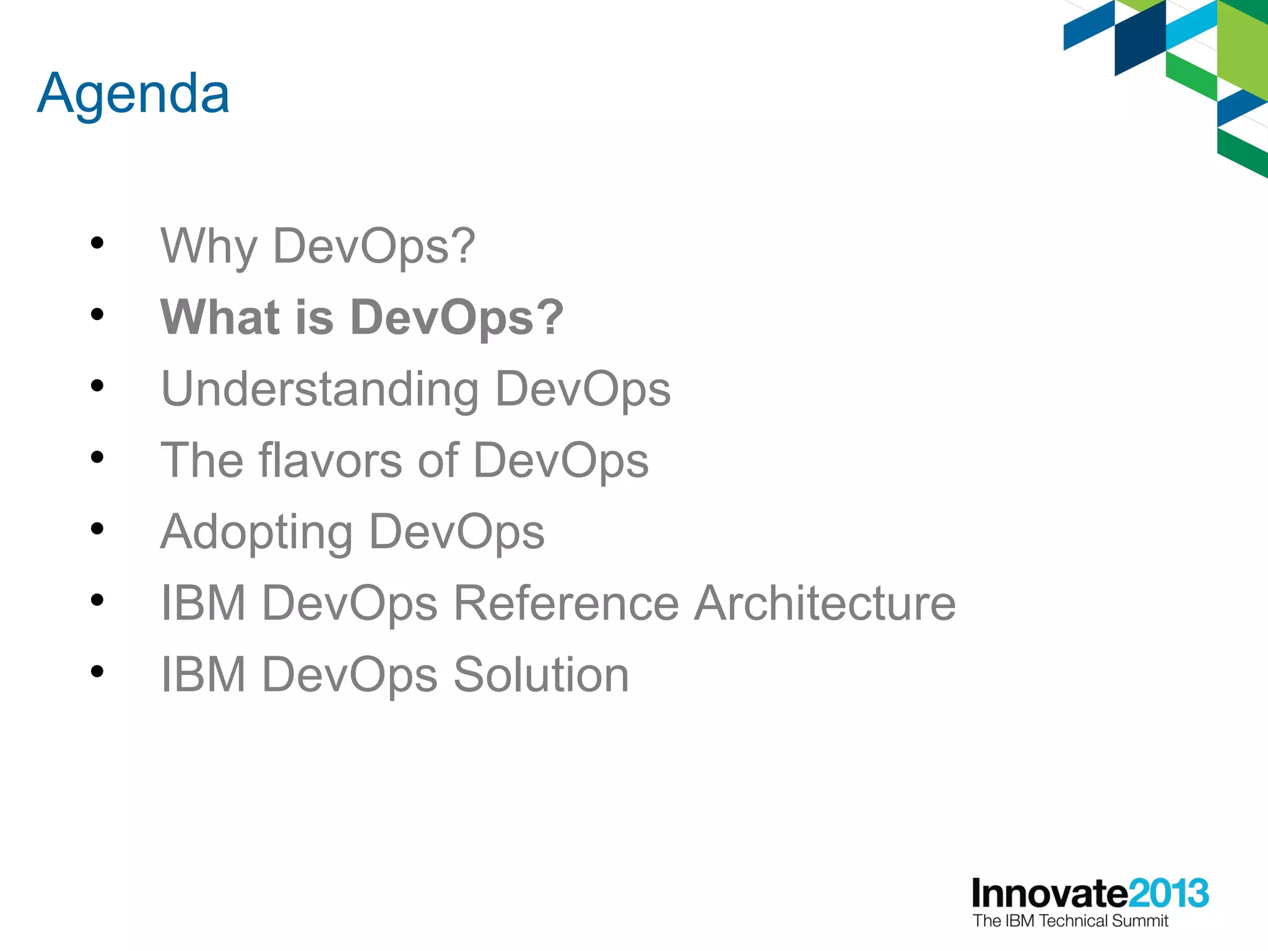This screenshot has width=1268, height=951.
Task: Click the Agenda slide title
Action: click(133, 94)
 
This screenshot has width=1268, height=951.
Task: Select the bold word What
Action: click(220, 317)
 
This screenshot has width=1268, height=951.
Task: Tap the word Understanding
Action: click(319, 389)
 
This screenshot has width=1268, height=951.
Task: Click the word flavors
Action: click(331, 460)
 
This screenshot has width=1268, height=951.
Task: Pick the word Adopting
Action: click(256, 532)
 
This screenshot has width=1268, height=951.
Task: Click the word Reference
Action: click(566, 603)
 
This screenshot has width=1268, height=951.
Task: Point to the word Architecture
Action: click(825, 603)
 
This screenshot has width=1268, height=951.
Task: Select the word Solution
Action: click(541, 674)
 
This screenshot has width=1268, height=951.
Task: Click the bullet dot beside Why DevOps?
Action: click(97, 243)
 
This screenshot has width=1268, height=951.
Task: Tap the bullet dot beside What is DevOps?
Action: click(97, 315)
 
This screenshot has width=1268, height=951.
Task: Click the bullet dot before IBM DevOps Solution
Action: click(97, 671)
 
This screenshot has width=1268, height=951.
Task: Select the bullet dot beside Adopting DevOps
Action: click(97, 529)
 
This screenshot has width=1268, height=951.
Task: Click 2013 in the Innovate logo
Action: click(1168, 893)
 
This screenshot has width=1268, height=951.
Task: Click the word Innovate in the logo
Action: click(1049, 893)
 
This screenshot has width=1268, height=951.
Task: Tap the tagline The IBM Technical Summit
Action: click(1070, 921)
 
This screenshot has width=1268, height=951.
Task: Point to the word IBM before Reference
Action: click(203, 603)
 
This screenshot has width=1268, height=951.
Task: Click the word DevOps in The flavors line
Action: click(561, 460)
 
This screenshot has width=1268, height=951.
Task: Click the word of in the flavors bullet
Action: click(438, 460)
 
